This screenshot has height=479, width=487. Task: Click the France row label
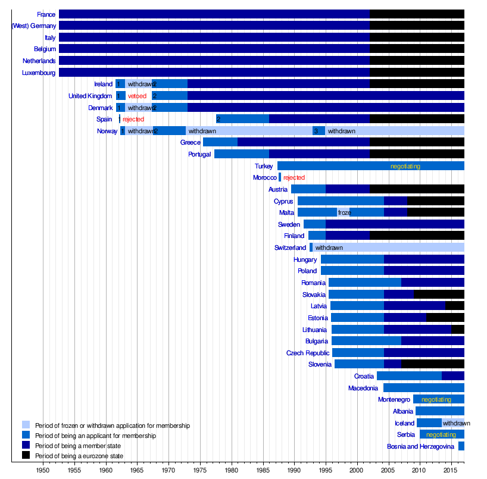(x=46, y=14)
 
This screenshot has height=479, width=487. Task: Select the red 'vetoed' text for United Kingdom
(x=137, y=96)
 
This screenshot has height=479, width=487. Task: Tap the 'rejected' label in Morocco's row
(x=294, y=178)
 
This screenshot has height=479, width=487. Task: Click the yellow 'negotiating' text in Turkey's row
(x=405, y=166)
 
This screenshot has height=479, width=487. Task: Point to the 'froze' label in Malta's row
(x=344, y=212)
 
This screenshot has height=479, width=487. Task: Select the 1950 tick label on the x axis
(x=43, y=471)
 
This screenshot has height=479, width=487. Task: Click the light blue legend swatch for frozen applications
(x=26, y=425)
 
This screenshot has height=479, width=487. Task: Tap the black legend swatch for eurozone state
(x=26, y=456)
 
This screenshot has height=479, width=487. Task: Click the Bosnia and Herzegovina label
(x=420, y=446)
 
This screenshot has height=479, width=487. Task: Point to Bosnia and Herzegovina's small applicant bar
(x=461, y=446)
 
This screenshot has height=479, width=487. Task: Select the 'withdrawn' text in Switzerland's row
(x=329, y=248)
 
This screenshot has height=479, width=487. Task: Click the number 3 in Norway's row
(x=316, y=131)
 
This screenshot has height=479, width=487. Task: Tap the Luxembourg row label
(x=39, y=73)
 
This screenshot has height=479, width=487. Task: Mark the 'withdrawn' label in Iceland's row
(x=456, y=423)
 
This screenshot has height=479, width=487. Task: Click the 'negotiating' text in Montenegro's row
(x=436, y=400)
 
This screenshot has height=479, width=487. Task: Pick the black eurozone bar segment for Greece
(x=417, y=142)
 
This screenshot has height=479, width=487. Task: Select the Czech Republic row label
(x=308, y=353)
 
